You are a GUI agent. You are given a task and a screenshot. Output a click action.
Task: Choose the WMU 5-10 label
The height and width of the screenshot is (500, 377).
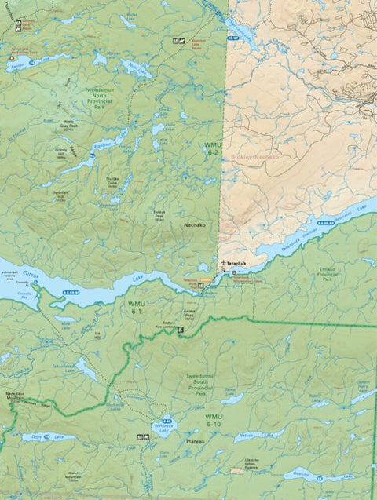click(214, 421)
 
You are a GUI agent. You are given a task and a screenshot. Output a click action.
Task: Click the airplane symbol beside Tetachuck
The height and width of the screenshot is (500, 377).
click(225, 262)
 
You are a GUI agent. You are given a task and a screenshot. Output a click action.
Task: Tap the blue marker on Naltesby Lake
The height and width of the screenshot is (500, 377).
click(164, 420)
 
